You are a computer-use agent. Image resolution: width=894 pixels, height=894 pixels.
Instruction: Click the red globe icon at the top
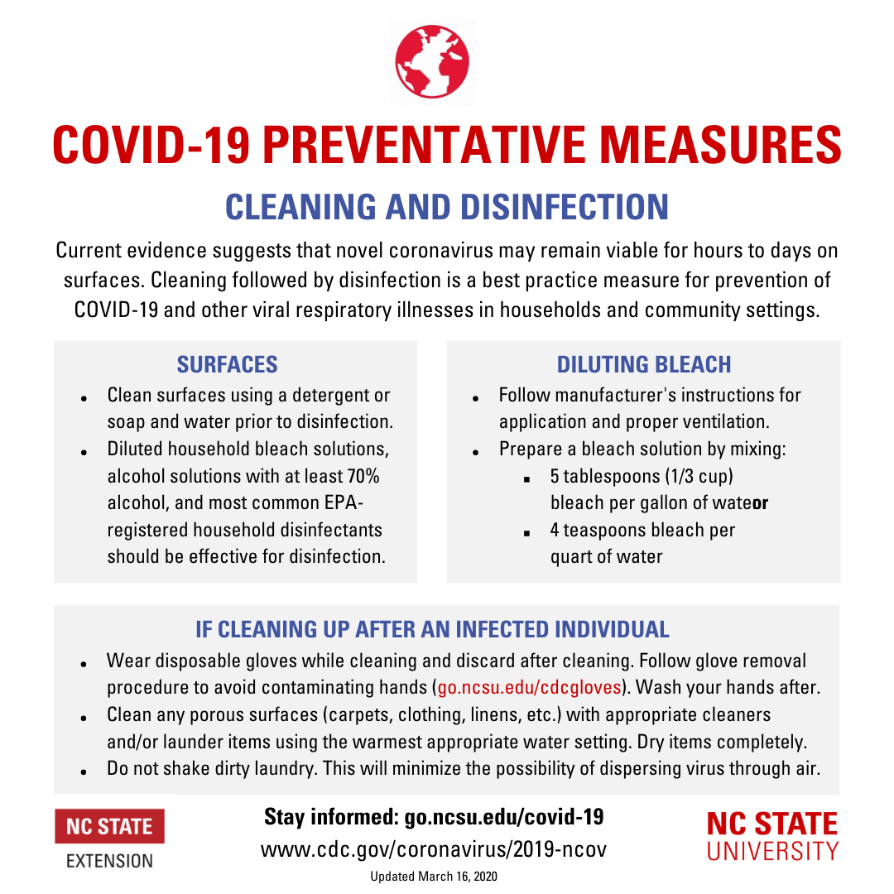432,62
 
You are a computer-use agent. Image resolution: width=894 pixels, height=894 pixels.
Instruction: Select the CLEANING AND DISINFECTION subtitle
447,206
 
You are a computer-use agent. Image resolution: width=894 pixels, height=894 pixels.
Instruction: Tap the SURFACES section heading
228,364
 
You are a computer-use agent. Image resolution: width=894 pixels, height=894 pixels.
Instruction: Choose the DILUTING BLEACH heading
644,364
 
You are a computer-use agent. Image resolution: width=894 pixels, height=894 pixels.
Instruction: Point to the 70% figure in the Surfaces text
363,476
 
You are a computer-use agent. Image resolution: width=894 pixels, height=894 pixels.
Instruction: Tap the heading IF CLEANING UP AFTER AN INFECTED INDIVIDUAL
432,629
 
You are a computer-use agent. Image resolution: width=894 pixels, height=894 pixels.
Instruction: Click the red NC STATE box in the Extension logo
109,826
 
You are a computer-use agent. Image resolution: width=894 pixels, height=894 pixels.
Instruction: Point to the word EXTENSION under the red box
109,861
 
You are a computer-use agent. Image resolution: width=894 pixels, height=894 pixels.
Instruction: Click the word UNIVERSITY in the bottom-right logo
771,850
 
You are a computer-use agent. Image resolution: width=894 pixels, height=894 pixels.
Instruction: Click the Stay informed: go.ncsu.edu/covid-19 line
434,817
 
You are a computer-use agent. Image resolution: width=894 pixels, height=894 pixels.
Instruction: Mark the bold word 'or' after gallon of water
761,503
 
